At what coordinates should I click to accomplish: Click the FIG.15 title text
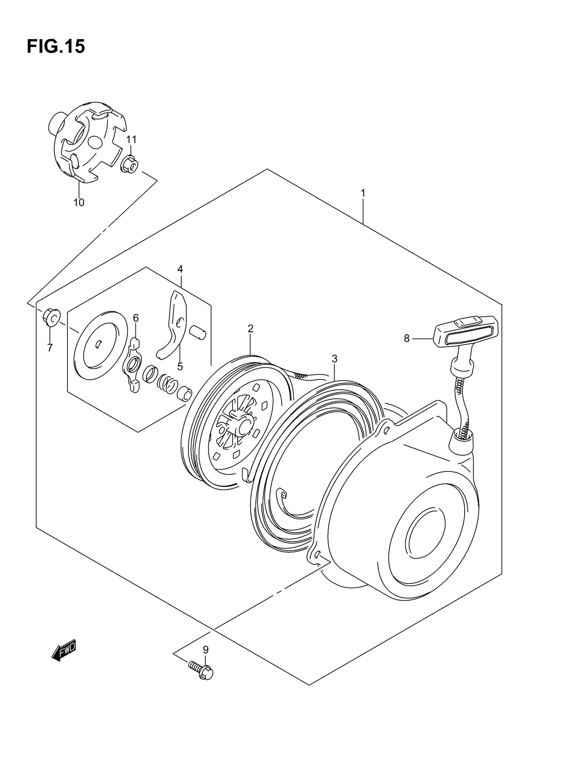(56, 47)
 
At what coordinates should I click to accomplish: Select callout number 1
(363, 193)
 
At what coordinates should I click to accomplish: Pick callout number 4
(180, 269)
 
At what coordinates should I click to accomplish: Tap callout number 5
(180, 366)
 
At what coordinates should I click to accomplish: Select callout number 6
(136, 318)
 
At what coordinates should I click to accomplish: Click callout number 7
(50, 348)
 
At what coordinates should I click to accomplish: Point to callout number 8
(407, 338)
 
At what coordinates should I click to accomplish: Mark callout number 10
(79, 202)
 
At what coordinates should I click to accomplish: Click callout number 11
(131, 139)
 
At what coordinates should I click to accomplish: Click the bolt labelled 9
(201, 670)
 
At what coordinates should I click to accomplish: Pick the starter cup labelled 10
(86, 142)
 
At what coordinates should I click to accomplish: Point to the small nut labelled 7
(51, 317)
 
